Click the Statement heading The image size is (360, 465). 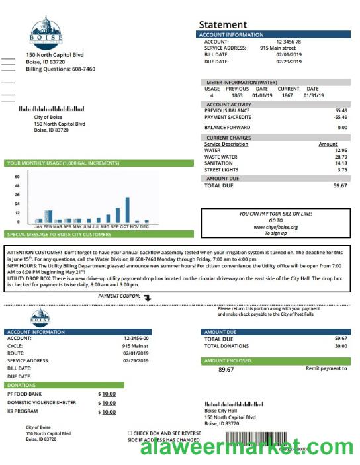(222, 25)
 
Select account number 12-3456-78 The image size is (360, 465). (289, 41)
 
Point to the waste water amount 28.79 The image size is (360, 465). (341, 157)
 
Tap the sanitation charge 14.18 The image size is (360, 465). (341, 163)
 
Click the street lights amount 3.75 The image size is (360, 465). (342, 170)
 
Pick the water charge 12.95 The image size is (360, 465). (341, 150)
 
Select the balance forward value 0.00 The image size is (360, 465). (342, 127)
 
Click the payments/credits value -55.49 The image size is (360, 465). (340, 117)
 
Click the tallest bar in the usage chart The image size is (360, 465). (127, 209)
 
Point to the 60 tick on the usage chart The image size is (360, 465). (17, 177)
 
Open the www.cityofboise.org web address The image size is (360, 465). (276, 227)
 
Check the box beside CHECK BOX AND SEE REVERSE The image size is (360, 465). (129, 433)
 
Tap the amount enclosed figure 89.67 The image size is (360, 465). (226, 370)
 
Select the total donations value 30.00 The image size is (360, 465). (341, 345)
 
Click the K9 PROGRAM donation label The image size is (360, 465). (22, 411)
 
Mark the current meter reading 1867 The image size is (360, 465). (287, 95)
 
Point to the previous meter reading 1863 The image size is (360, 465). (237, 95)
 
